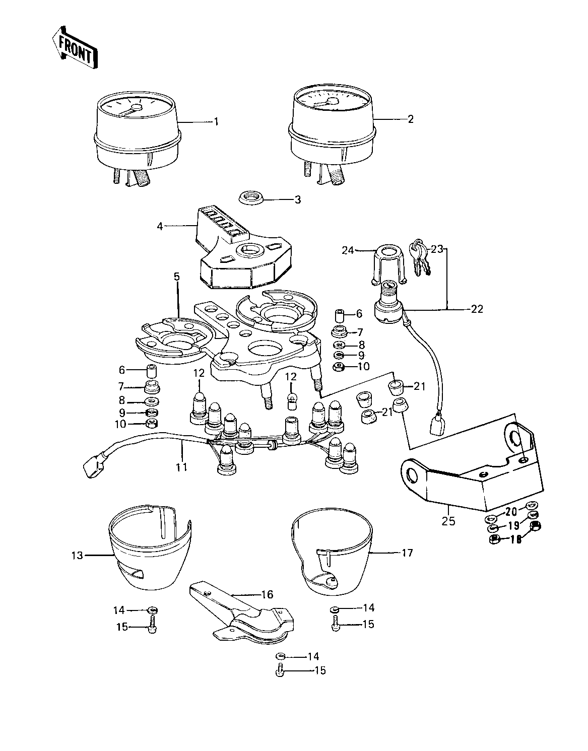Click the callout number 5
pos(177,276)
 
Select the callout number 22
pos(477,309)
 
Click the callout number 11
pos(181,467)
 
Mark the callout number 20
pos(511,512)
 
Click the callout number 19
pos(513,525)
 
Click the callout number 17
pos(407,553)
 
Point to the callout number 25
pos(448,521)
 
